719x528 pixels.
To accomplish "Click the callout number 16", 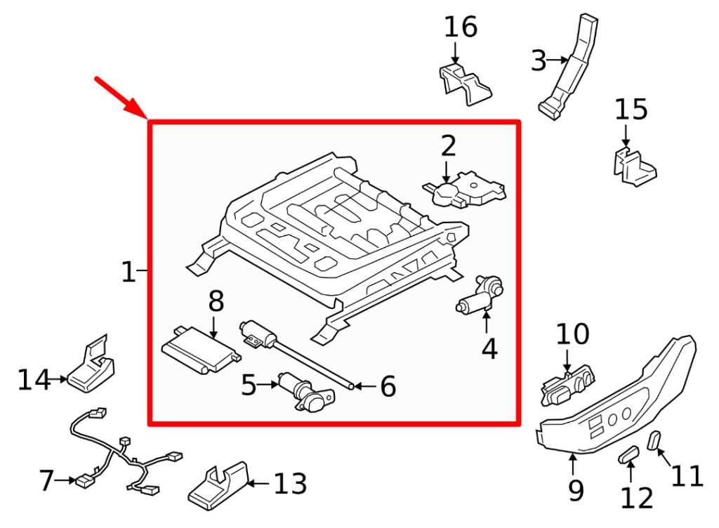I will coord(460,27).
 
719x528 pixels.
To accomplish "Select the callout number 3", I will coord(539,61).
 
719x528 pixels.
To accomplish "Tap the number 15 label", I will coord(631,110).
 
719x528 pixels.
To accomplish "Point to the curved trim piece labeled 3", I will coord(571,67).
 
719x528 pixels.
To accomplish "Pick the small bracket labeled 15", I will coord(633,166).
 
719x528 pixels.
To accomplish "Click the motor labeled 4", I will coord(479,295).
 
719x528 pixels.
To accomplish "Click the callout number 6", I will coord(388,386).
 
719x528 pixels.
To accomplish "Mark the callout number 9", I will coord(575,489).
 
